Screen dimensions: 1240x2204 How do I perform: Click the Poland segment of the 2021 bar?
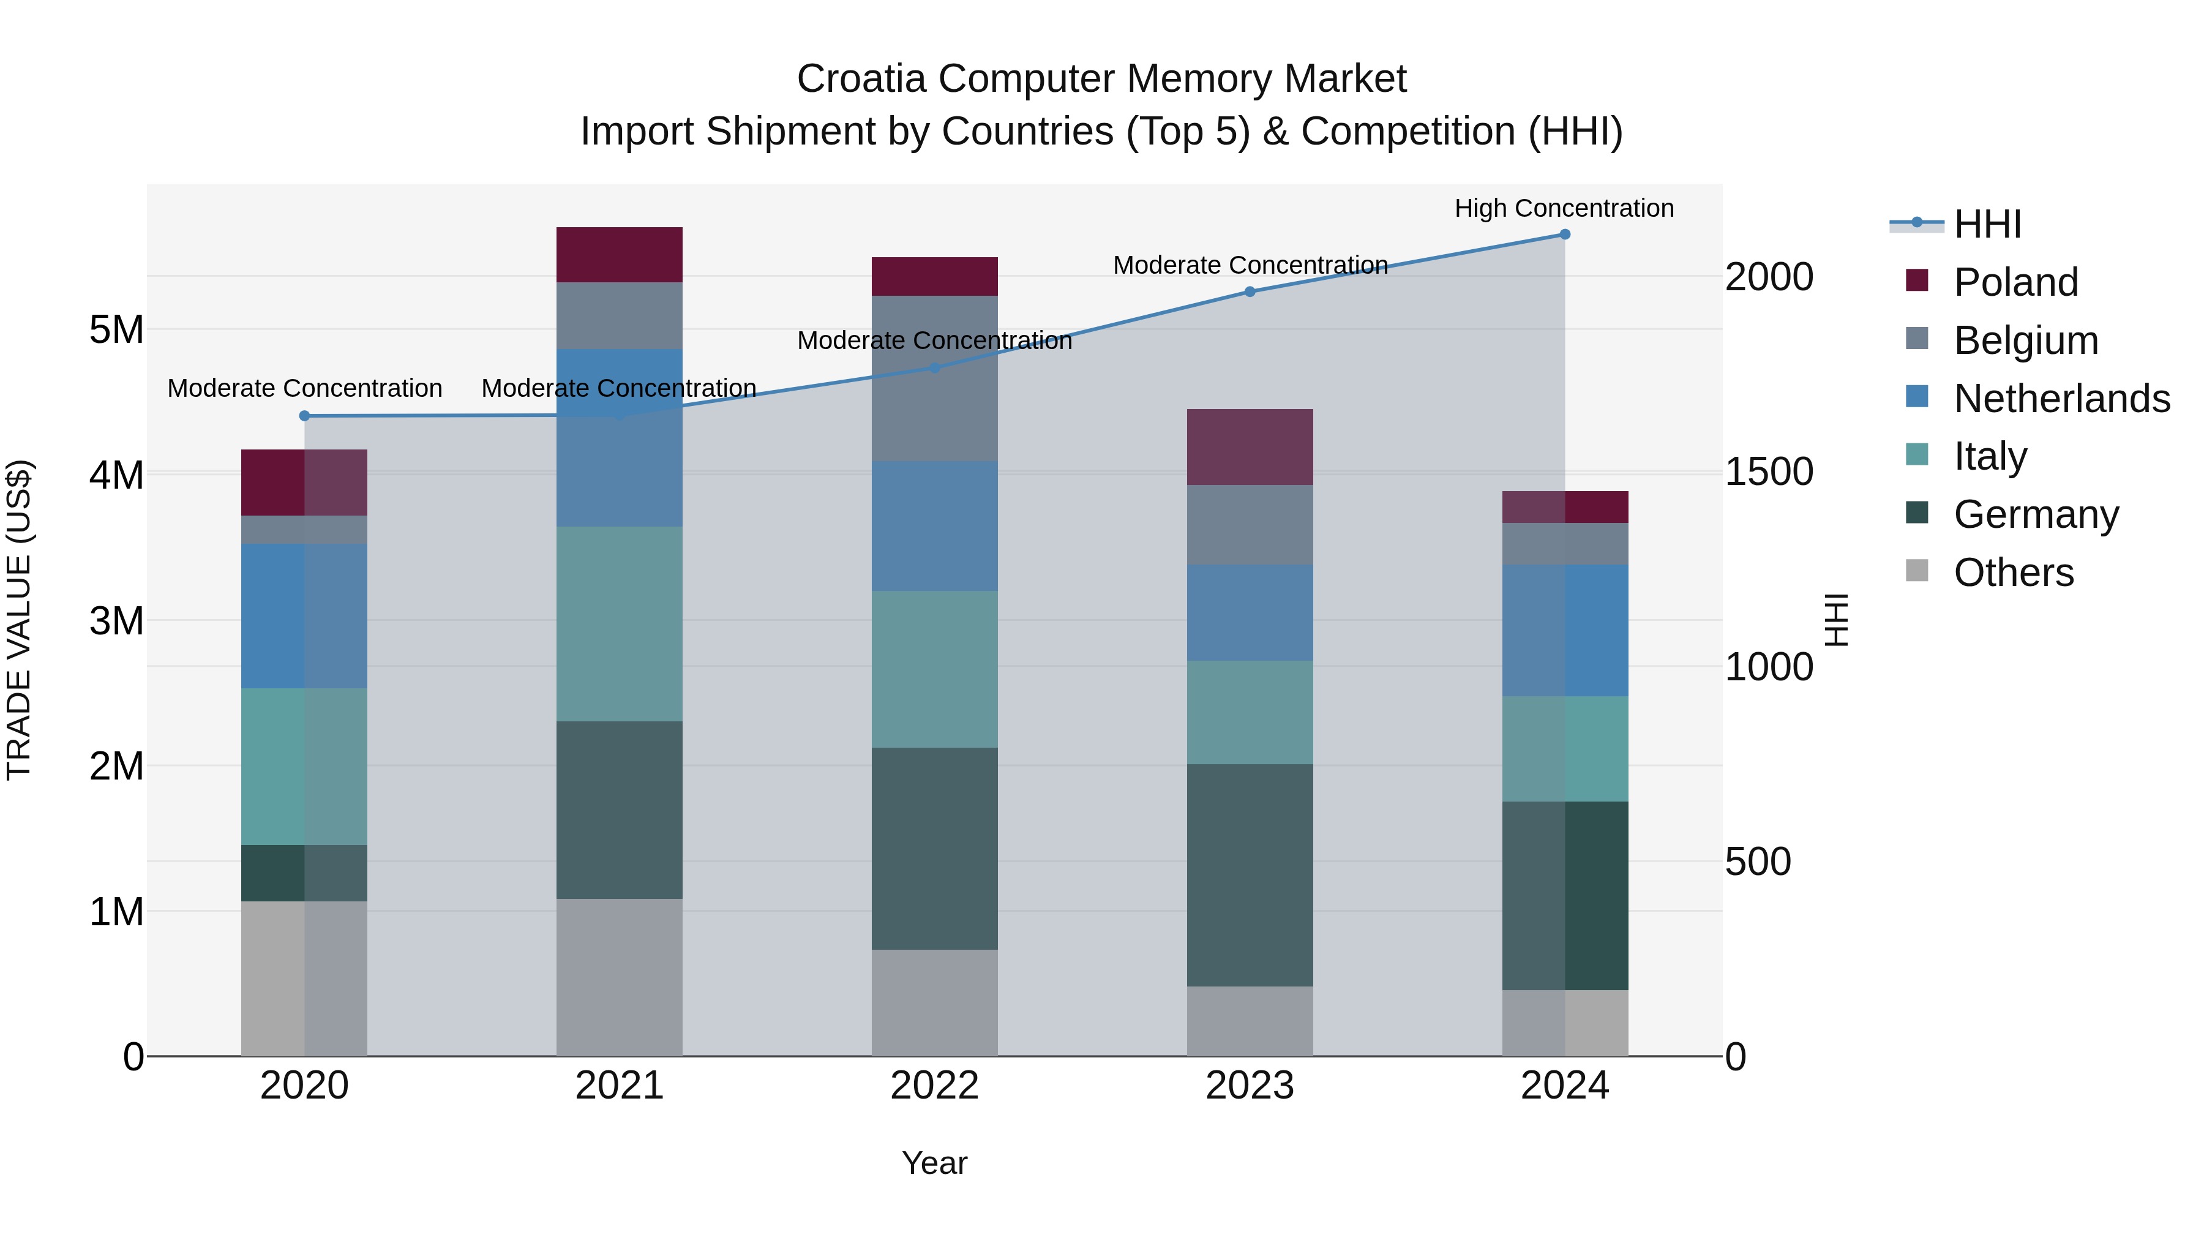pyautogui.click(x=620, y=254)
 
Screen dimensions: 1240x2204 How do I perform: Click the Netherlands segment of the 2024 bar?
pyautogui.click(x=1565, y=630)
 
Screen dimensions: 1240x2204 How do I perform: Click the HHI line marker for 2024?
pyautogui.click(x=1565, y=235)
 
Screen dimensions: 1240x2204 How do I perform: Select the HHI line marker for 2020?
pyautogui.click(x=305, y=416)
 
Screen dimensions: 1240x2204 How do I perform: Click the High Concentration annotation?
pyautogui.click(x=1564, y=208)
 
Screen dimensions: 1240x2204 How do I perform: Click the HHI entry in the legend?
pyautogui.click(x=1987, y=224)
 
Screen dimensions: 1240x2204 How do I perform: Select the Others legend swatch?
pyautogui.click(x=1917, y=571)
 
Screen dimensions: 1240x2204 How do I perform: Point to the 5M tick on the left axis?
pyautogui.click(x=116, y=329)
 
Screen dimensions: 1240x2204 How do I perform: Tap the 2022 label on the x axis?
pyautogui.click(x=934, y=1086)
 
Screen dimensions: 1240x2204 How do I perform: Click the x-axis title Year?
pyautogui.click(x=934, y=1163)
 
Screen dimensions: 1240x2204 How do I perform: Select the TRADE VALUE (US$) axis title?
pyautogui.click(x=20, y=620)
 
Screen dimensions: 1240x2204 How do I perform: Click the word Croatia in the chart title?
pyautogui.click(x=861, y=79)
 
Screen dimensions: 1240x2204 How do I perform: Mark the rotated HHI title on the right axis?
pyautogui.click(x=1836, y=620)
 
